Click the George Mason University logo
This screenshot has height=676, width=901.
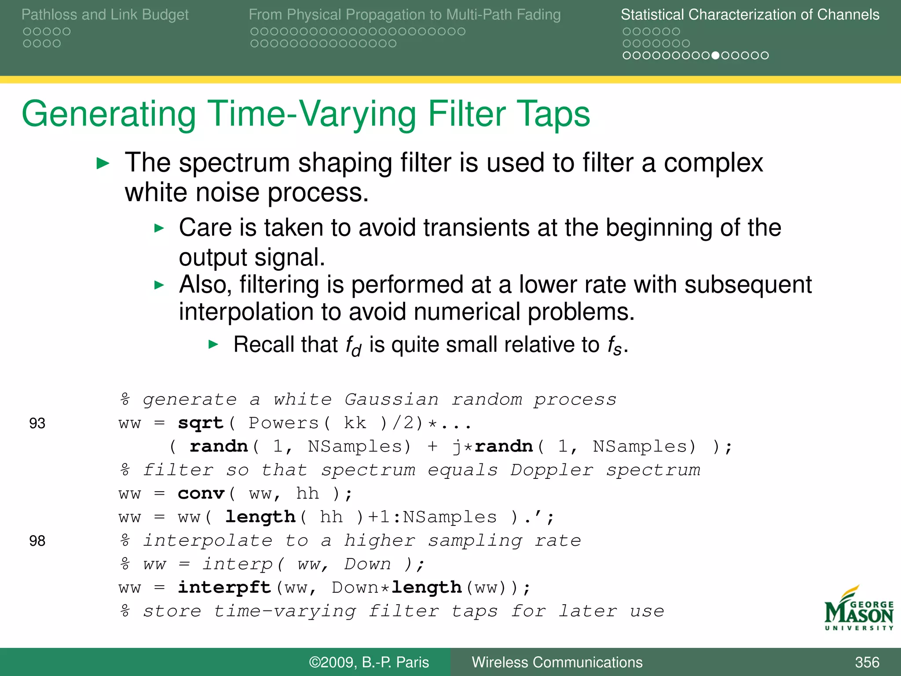(858, 610)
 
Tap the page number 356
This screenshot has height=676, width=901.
(867, 662)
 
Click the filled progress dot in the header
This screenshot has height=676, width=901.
(715, 55)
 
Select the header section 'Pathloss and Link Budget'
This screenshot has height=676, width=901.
(105, 15)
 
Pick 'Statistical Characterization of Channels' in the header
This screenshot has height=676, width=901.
(750, 15)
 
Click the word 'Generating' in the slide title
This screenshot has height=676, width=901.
(109, 114)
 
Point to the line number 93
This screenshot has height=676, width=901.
(37, 423)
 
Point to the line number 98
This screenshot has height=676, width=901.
(37, 541)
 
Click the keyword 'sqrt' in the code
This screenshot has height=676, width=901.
(201, 423)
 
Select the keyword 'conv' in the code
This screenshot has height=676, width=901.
(201, 494)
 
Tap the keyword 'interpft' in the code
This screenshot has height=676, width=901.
(224, 588)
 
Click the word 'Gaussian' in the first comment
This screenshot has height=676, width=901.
(392, 400)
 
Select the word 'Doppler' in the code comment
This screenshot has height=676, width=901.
(552, 470)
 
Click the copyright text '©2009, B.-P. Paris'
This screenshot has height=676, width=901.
(369, 662)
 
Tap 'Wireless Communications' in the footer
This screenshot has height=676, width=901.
(557, 662)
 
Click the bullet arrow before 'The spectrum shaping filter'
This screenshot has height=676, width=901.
(103, 164)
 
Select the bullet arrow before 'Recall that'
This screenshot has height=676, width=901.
(213, 344)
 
